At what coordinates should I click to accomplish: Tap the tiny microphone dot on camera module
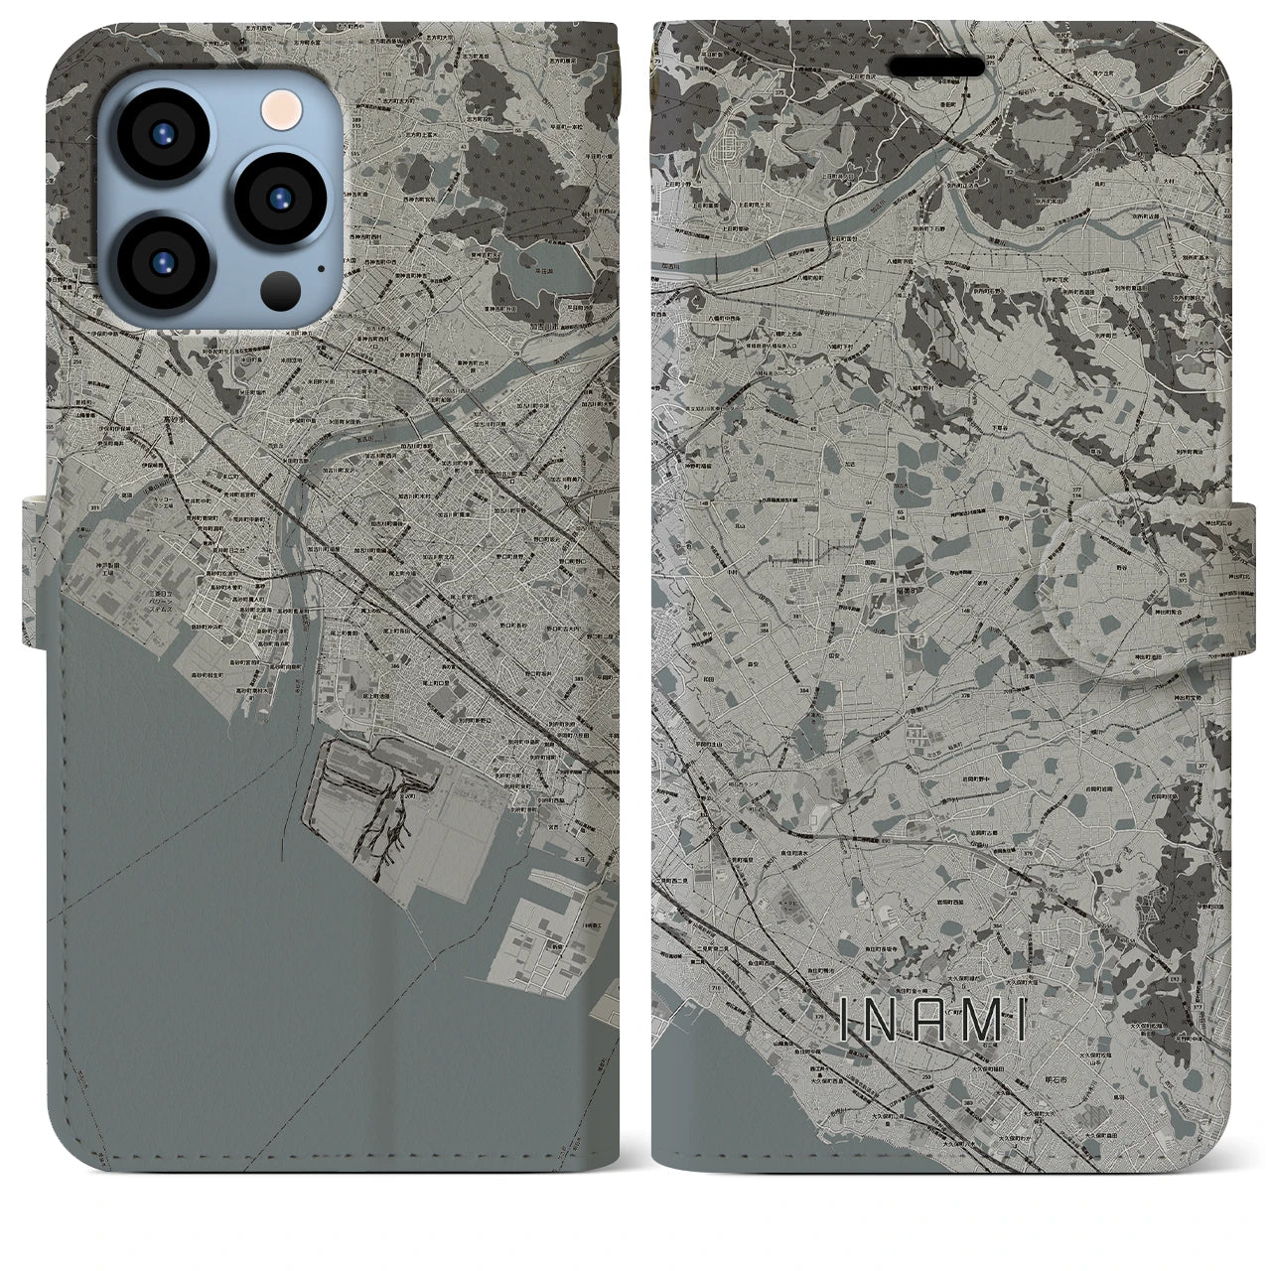[319, 267]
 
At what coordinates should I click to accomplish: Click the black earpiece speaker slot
[943, 66]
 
